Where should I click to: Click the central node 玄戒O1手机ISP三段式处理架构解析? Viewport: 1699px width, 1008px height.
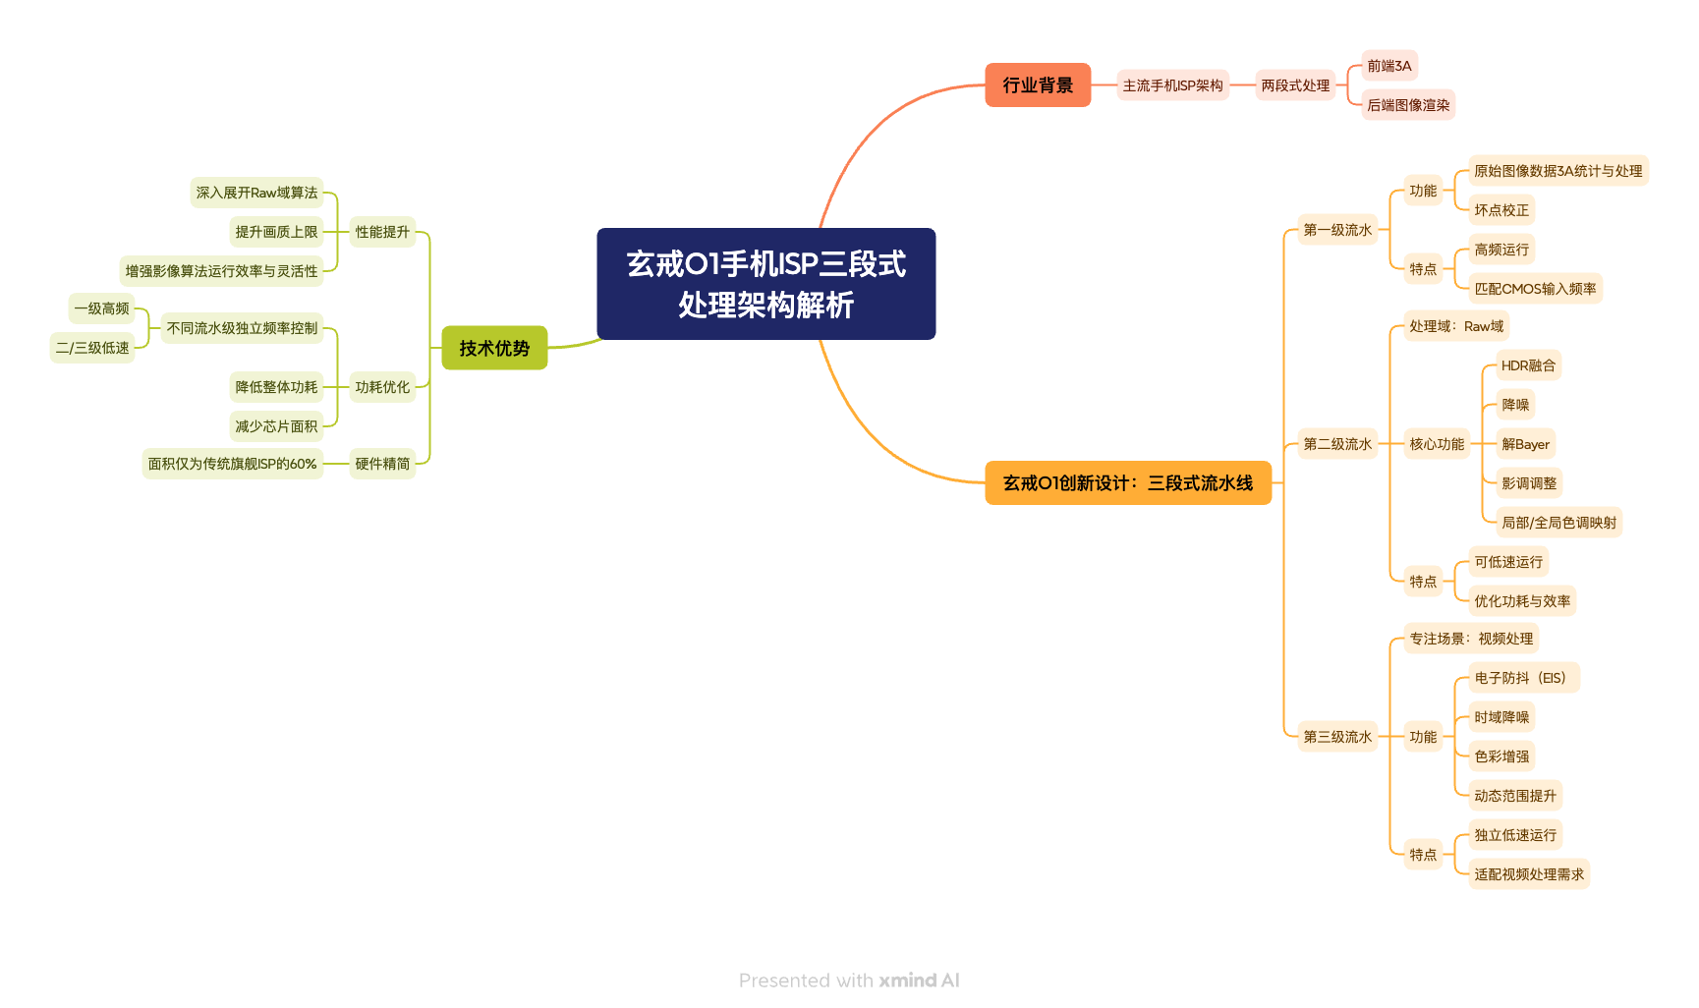point(765,284)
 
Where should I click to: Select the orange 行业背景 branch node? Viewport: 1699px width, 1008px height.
point(1038,85)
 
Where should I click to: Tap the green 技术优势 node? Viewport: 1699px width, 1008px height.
point(494,348)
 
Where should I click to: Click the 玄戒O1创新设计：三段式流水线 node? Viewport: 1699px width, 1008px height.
point(1127,482)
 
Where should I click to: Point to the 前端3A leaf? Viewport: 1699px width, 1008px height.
point(1388,66)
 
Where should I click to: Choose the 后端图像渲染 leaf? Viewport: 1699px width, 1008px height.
point(1407,105)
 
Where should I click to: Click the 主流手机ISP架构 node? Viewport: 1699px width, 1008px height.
point(1172,85)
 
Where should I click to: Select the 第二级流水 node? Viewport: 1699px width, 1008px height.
point(1336,444)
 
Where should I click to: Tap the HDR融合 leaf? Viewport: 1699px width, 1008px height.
point(1527,365)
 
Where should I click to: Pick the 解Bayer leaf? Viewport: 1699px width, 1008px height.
point(1525,444)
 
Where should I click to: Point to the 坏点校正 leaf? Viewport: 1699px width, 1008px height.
point(1501,210)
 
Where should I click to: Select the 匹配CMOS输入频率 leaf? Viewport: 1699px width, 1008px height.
point(1534,289)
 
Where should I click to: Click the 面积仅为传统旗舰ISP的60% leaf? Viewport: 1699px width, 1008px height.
point(232,464)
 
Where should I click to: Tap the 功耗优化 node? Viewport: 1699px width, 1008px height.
point(382,387)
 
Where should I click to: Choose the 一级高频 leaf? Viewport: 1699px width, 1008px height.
point(101,308)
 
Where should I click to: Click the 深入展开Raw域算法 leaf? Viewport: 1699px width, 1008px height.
point(256,193)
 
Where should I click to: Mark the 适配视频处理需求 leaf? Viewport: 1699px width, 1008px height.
point(1528,874)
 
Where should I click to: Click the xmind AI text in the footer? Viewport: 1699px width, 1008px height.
point(918,980)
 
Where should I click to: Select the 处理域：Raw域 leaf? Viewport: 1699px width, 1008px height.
point(1455,326)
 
